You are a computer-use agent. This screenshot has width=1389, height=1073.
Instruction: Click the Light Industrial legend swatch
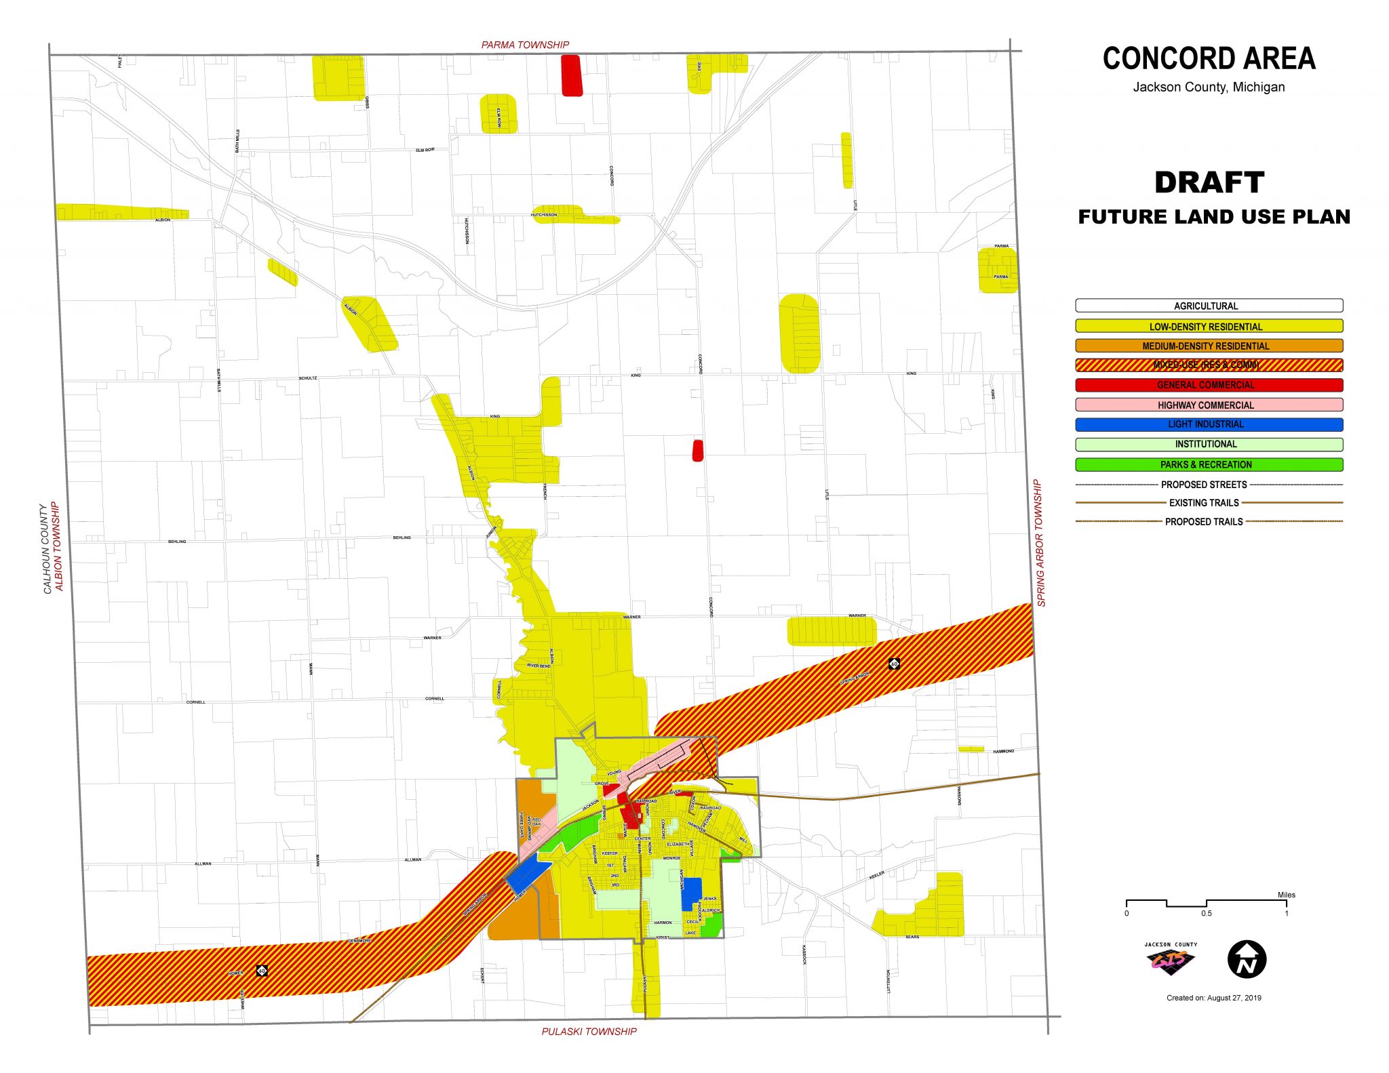[1209, 424]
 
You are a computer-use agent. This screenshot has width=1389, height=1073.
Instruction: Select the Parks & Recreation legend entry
[1209, 464]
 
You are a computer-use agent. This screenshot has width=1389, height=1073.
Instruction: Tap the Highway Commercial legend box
[1209, 405]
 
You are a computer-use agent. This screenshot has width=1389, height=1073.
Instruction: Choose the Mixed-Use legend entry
[1209, 365]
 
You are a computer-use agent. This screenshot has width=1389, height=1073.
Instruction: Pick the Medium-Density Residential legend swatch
[1209, 346]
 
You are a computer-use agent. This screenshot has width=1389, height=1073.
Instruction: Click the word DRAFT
[1209, 182]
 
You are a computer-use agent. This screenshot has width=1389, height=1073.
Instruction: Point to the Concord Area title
[1209, 58]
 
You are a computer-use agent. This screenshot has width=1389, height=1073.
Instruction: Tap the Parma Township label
[525, 45]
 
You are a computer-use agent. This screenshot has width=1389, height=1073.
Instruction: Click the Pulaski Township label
[589, 1032]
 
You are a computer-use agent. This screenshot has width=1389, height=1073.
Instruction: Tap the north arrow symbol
[1247, 960]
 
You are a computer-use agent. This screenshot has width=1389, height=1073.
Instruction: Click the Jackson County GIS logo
[1171, 959]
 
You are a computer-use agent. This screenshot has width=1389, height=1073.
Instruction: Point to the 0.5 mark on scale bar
[1207, 913]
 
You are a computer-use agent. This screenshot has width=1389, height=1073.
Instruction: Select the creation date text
[1213, 998]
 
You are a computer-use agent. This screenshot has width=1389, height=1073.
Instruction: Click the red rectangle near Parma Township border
[572, 75]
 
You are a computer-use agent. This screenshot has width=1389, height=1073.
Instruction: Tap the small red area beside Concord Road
[697, 450]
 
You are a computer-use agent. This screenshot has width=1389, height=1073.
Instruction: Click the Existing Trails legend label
[1204, 503]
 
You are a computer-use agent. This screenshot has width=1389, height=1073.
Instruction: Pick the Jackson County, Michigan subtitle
[1209, 87]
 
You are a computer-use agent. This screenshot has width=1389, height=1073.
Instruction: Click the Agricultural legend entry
[1209, 306]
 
